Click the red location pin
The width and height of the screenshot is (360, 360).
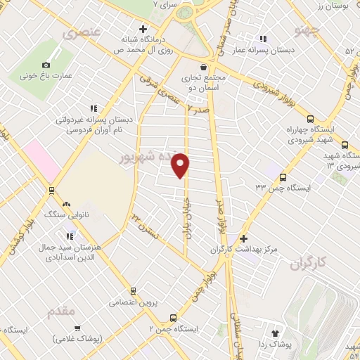(181, 165)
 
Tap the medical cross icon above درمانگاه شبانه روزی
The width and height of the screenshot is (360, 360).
(143, 30)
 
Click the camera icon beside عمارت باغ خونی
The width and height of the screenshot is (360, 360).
(47, 64)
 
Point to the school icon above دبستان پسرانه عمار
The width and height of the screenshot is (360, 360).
(264, 39)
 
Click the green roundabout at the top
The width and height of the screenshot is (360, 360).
(184, 13)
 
